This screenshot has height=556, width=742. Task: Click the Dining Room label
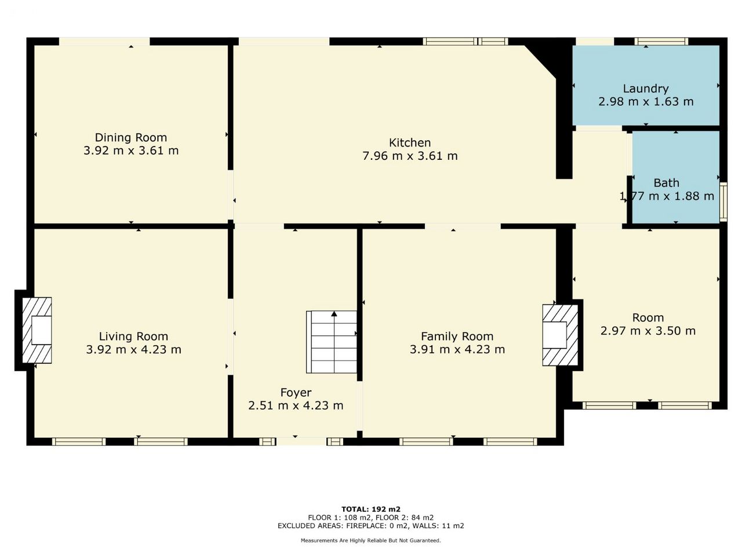(131, 137)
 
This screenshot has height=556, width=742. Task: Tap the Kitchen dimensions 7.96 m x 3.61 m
(410, 156)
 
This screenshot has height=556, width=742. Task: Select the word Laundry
(646, 89)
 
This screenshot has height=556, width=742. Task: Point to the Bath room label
(666, 183)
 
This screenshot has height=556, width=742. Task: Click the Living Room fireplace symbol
(37, 330)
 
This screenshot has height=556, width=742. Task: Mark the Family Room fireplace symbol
(560, 335)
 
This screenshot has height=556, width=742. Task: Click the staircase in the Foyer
(331, 342)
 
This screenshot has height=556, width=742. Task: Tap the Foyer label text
(296, 393)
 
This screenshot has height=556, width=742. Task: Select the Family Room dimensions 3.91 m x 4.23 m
(457, 349)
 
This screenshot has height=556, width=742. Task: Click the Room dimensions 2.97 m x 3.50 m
(648, 331)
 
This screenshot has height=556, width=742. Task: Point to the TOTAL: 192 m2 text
(371, 509)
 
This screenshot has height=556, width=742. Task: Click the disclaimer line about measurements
(371, 540)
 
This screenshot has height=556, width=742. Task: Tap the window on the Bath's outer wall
(723, 202)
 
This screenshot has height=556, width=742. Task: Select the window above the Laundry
(661, 42)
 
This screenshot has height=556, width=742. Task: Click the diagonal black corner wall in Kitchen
(544, 61)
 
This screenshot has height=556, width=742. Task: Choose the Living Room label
(133, 336)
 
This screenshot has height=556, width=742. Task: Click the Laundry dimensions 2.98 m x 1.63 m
(646, 101)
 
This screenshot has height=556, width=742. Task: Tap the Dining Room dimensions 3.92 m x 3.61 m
(131, 151)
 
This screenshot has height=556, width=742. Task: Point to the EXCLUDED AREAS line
(371, 526)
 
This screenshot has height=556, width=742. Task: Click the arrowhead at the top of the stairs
(334, 314)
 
